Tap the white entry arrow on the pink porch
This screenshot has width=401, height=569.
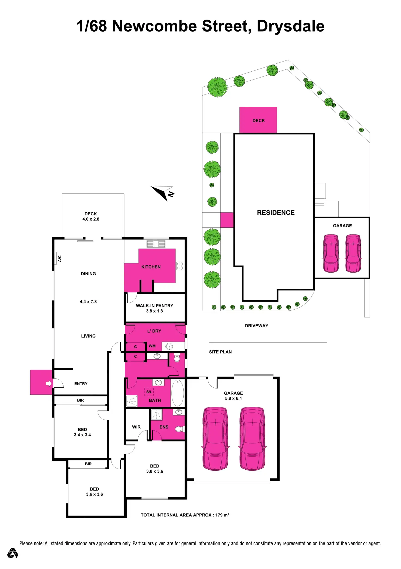click(49, 383)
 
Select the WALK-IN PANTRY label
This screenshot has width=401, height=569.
click(154, 305)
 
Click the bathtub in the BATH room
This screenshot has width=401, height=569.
click(178, 393)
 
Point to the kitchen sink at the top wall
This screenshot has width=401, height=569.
click(156, 244)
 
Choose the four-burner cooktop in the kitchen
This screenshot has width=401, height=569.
click(180, 266)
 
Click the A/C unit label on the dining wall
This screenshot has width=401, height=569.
click(60, 258)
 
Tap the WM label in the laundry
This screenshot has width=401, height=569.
click(152, 346)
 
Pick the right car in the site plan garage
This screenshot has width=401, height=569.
click(353, 253)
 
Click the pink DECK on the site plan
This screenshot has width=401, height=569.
click(258, 120)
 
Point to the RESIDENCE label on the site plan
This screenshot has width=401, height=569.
click(276, 213)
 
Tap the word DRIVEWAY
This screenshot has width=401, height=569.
click(256, 326)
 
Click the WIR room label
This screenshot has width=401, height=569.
click(136, 427)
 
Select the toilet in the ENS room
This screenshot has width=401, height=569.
click(179, 429)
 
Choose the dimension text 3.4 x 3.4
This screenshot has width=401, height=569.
click(82, 435)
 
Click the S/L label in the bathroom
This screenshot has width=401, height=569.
click(149, 392)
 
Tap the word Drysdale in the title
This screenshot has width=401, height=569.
click(290, 26)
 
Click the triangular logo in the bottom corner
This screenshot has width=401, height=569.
click(13, 553)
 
